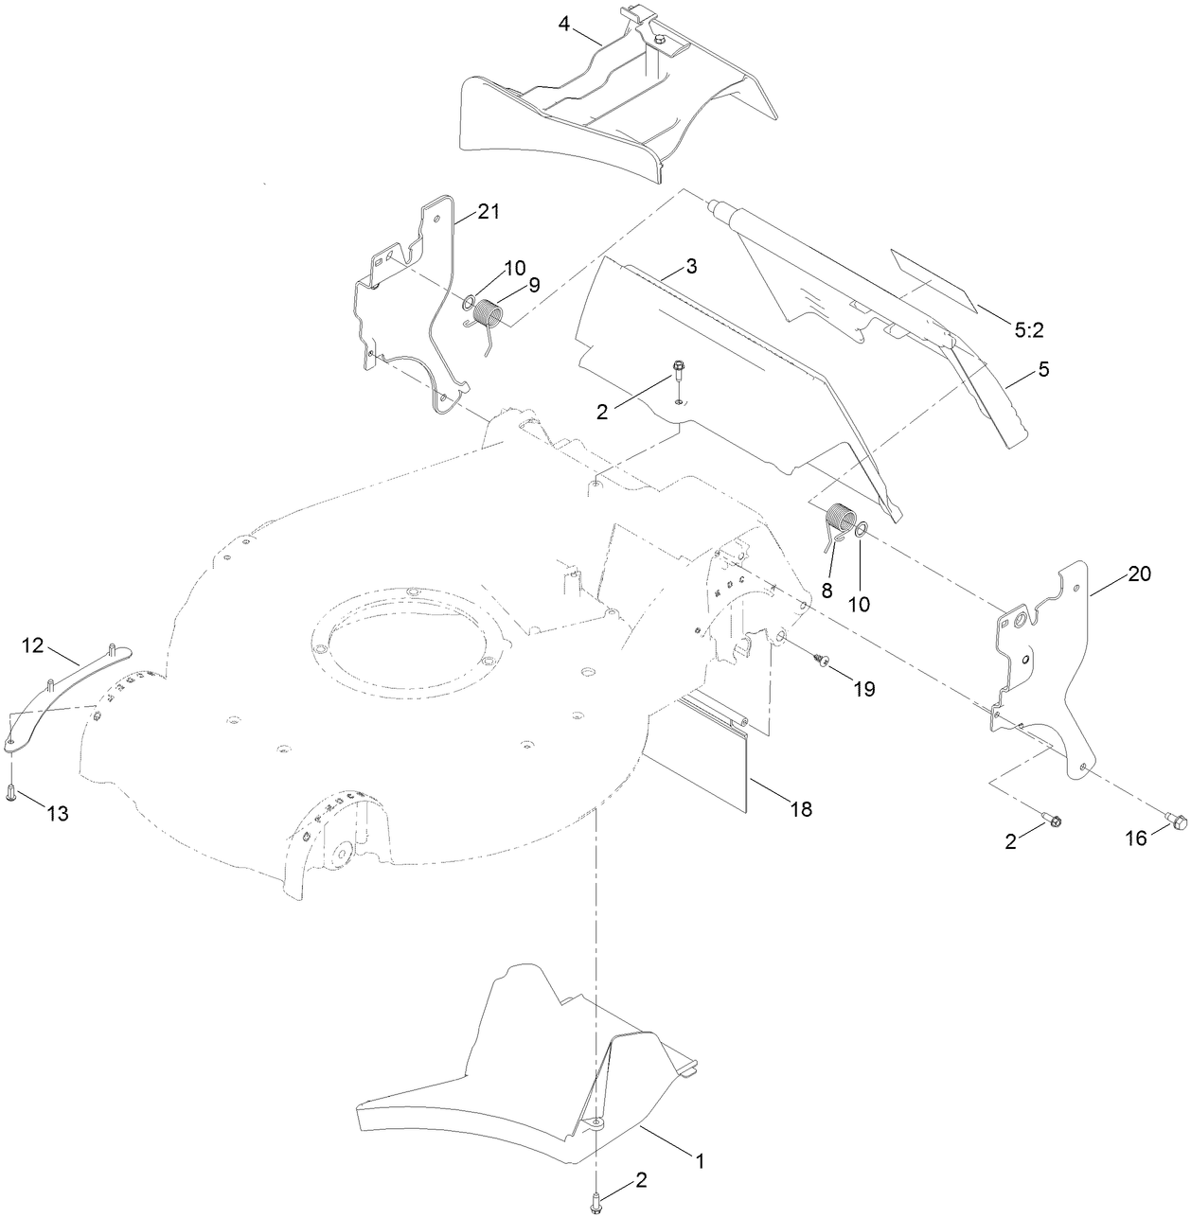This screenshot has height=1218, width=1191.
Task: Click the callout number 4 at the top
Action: point(564,24)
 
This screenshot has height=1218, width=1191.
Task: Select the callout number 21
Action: point(488,212)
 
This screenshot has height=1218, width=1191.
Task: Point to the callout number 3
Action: point(691,267)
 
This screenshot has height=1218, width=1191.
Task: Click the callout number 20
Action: point(1139,574)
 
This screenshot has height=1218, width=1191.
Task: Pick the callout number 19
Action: point(862,688)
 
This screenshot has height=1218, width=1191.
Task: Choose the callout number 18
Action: point(800,809)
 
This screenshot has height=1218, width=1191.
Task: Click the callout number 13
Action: point(57,813)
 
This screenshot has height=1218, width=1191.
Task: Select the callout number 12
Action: point(33,645)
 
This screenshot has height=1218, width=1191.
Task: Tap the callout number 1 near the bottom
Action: point(700,1159)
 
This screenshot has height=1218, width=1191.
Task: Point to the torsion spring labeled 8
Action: point(838,523)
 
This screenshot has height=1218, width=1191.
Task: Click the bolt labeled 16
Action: point(1177,821)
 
